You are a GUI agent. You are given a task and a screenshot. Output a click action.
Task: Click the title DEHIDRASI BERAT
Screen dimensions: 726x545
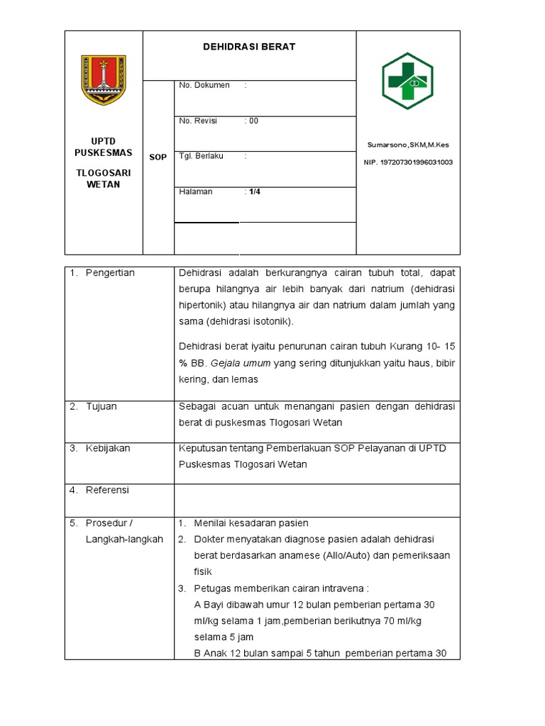248,47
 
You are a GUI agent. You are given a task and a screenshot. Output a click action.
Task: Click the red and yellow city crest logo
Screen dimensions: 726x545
104,79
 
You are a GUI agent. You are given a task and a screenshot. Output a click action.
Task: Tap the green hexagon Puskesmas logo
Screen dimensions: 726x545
407,81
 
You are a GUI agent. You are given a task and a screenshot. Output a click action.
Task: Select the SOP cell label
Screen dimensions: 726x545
158,157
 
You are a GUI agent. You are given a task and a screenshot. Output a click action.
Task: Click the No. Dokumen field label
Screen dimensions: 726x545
204,85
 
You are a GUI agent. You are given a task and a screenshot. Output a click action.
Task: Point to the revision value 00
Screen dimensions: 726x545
252,121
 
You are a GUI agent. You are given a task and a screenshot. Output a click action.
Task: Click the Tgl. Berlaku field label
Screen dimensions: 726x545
201,156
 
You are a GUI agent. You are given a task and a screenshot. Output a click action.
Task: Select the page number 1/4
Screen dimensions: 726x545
254,191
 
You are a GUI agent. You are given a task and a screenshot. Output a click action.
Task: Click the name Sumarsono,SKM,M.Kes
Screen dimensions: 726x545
407,145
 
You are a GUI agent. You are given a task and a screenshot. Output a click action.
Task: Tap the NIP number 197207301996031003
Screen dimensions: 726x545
407,162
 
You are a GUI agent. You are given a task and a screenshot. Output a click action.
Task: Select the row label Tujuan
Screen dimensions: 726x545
101,406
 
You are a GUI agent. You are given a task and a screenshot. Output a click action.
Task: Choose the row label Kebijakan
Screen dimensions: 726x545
108,448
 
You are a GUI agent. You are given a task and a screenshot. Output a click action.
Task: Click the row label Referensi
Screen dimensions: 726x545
107,490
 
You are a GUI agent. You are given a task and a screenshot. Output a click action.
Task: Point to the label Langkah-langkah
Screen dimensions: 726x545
124,539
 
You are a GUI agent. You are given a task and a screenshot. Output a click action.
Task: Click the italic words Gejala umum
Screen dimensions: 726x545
232,363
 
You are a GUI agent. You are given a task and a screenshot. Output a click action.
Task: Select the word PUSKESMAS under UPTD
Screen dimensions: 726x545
104,152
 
